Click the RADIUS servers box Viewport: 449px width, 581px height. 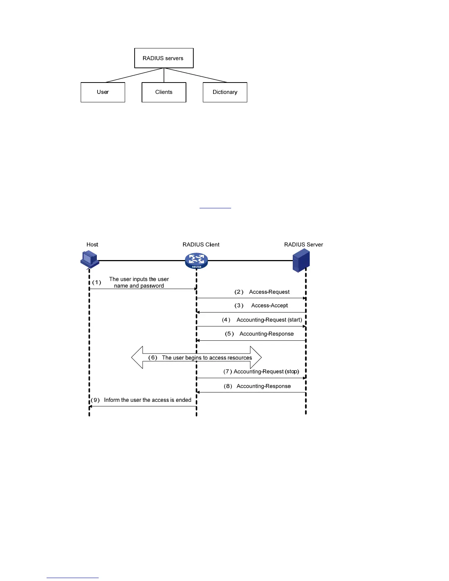[164, 58]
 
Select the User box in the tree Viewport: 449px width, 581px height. [103, 92]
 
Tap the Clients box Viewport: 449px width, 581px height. [164, 92]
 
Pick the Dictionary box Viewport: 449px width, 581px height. [225, 92]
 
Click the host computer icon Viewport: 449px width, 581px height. [90, 259]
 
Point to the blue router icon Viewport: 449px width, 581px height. [196, 260]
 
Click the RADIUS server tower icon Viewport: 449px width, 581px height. [302, 260]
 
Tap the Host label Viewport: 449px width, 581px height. [92, 245]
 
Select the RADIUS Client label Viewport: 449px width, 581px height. [201, 245]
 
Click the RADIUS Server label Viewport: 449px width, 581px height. [303, 245]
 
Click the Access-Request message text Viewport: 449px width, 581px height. [269, 292]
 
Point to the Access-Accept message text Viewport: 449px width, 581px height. [269, 306]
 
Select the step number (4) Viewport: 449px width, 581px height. [226, 320]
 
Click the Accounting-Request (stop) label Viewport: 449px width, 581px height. [266, 372]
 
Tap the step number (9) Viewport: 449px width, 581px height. [95, 400]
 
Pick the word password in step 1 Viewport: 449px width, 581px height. [152, 286]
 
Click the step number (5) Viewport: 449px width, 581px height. [229, 334]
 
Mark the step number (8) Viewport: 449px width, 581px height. [228, 386]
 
